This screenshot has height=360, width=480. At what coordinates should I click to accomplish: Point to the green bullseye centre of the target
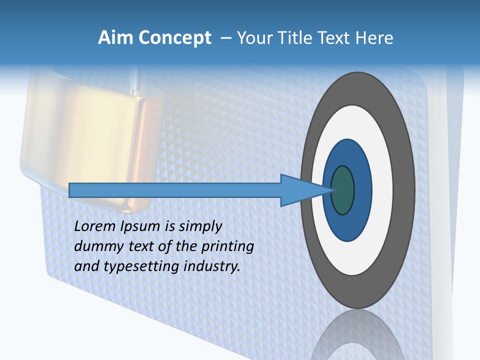343,190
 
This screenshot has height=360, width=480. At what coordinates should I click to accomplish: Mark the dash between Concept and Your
225,38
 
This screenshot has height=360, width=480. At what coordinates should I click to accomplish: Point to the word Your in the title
254,38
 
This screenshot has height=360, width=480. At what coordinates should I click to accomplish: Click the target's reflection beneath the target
357,335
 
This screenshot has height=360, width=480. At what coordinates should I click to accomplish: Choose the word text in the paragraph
139,246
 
